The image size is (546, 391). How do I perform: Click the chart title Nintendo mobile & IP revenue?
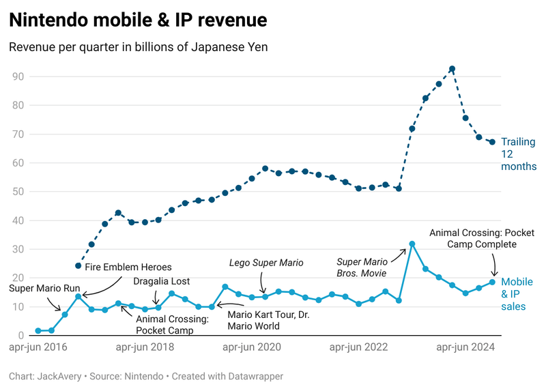coord(138,21)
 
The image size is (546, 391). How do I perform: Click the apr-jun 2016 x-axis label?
coord(39,347)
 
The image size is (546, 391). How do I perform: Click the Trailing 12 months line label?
coord(518,154)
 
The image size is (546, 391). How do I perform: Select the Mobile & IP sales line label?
coord(517,294)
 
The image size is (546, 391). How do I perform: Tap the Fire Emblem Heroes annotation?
coord(128,267)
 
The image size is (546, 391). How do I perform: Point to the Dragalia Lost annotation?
coord(161,280)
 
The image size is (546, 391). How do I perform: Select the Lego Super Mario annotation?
coord(265,262)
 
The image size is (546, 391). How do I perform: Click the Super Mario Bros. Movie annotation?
coord(363,266)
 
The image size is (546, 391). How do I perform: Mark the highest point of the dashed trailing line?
coord(452,69)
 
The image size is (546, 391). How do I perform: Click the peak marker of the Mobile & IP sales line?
coord(412,244)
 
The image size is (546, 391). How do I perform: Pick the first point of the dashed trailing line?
coord(78,265)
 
